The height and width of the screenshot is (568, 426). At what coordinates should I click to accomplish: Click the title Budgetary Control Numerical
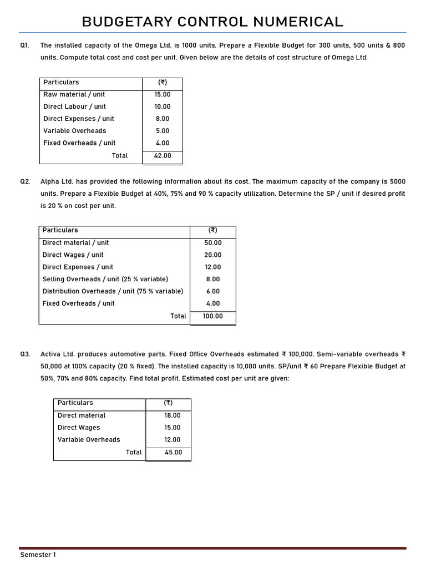[212, 22]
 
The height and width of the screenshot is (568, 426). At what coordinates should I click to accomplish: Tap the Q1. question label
[25, 45]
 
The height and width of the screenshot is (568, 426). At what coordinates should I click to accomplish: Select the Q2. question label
[25, 181]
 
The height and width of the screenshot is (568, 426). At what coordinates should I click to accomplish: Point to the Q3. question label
[25, 354]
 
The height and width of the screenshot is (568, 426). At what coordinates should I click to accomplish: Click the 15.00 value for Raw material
[163, 94]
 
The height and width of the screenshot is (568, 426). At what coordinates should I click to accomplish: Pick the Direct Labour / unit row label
[74, 106]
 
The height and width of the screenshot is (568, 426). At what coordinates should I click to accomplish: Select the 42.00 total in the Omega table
[163, 156]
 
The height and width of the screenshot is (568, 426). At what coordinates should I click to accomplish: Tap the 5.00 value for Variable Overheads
[163, 131]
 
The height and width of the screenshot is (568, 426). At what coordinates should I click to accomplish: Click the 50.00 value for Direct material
[213, 243]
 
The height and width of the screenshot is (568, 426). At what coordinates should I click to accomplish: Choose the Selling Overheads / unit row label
[105, 279]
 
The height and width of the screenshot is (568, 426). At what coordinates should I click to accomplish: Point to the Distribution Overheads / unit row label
[113, 291]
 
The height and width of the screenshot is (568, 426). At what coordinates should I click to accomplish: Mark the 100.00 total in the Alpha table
[213, 316]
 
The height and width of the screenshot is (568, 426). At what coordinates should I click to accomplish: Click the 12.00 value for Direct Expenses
[213, 267]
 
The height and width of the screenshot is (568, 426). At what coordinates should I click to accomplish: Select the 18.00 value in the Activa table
[173, 415]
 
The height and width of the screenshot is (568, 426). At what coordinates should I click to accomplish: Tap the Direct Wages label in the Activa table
[79, 428]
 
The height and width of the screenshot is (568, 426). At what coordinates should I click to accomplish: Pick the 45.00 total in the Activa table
[173, 453]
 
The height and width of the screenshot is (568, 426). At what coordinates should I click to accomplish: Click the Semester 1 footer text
[38, 555]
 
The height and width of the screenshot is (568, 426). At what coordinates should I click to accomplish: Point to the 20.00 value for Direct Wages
[213, 255]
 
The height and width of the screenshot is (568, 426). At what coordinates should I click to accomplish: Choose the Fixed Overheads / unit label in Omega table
[79, 143]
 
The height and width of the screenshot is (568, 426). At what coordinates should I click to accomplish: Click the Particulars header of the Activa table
[75, 403]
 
